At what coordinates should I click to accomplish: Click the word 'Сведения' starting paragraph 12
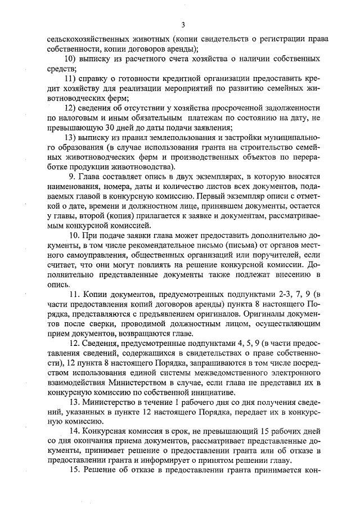pyautogui.click(x=101, y=343)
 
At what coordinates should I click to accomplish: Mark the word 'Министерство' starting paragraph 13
pyautogui.click(x=110, y=403)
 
